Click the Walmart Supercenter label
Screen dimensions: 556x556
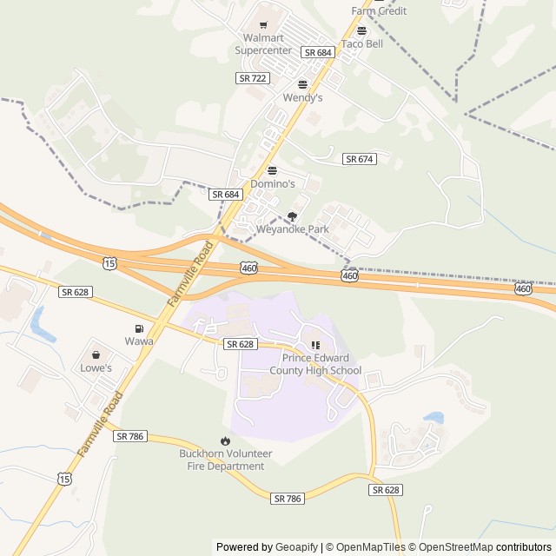263,44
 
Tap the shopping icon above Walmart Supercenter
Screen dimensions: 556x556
263,25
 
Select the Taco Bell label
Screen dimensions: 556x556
361,44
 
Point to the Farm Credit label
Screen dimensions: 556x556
379,10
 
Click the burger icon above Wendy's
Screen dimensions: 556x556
302,84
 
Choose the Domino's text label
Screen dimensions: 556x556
273,184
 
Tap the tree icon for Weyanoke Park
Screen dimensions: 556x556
292,216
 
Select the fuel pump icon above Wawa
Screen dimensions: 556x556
138,328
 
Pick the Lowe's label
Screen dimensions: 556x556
96,367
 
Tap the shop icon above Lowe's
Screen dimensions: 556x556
96,354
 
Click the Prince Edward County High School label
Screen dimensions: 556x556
314,364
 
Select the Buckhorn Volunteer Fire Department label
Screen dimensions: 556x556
226,460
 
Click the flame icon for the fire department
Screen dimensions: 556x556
225,441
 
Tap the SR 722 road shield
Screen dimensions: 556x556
252,78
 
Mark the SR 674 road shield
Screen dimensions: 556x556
359,159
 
